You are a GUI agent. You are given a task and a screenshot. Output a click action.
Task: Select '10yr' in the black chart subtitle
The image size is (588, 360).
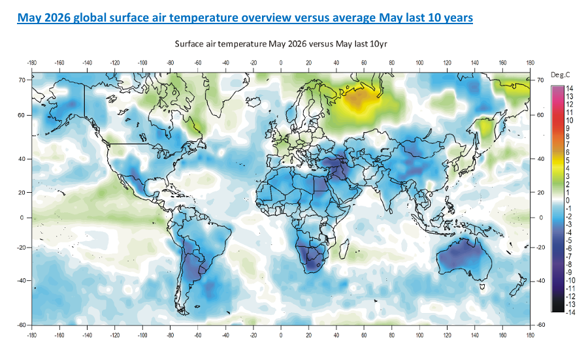pos(378,44)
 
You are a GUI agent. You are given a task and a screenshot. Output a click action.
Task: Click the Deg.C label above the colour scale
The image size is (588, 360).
pos(561,75)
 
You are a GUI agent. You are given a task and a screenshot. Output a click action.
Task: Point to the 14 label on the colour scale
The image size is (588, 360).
pos(569,89)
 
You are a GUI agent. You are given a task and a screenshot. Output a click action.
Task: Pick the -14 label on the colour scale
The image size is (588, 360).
pos(570,312)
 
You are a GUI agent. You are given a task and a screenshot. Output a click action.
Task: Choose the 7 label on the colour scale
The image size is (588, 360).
pos(567,145)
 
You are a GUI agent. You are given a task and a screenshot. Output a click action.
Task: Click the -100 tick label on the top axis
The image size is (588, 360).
pos(142,63)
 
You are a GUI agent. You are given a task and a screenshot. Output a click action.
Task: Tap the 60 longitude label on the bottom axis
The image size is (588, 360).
pos(364,335)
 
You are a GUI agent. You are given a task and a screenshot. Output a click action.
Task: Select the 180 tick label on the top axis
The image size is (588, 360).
pos(530,63)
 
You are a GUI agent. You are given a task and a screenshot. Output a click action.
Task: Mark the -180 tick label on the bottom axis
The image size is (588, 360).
pos(32,335)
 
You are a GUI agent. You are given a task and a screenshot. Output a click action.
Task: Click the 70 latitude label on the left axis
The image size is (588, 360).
pos(22,80)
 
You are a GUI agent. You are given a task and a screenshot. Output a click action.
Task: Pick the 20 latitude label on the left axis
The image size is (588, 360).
pos(22,192)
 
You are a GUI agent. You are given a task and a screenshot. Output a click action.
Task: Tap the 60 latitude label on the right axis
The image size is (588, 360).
pos(540,115)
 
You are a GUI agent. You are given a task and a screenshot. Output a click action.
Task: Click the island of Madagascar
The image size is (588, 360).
pos(344,250)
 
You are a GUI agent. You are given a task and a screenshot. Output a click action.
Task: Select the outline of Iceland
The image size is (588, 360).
pos(254,101)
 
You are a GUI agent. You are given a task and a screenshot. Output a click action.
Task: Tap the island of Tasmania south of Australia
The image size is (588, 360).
pos(483,287)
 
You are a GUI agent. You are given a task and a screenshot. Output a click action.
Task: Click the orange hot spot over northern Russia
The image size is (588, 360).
pos(358,98)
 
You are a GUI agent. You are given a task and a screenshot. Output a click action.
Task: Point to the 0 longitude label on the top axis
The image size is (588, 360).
pos(280,63)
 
